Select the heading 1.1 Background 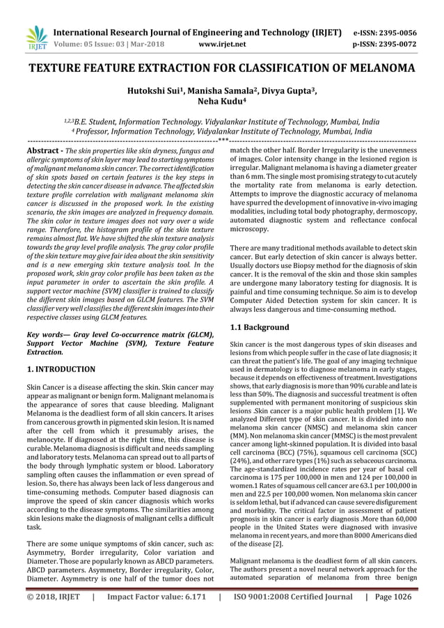coord(260,327)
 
